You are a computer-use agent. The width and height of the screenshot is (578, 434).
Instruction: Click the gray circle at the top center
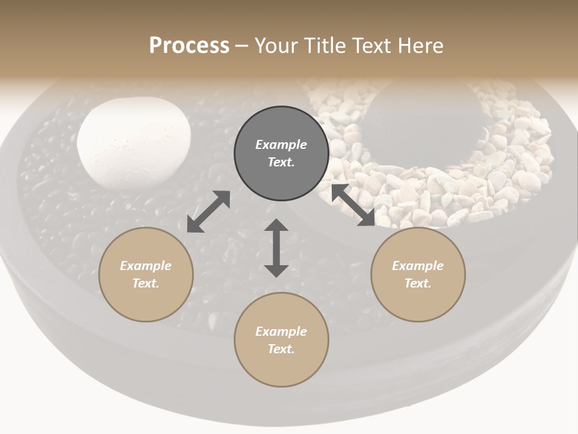click(x=281, y=154)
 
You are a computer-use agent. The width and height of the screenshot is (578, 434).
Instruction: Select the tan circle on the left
click(x=146, y=274)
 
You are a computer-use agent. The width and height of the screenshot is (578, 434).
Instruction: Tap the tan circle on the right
click(x=418, y=274)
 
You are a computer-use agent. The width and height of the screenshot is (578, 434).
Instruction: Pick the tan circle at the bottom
click(x=281, y=339)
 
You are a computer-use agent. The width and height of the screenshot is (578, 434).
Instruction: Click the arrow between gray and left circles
click(x=208, y=212)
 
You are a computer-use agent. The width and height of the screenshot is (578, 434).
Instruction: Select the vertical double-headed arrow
click(x=276, y=248)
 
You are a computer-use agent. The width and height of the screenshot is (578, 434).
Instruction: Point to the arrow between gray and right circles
click(x=353, y=205)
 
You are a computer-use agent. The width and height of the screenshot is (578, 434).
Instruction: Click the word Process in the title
click(x=189, y=45)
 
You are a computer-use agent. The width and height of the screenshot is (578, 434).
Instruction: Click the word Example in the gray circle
click(x=281, y=145)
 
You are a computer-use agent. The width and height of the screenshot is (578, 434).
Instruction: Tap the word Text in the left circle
click(x=146, y=283)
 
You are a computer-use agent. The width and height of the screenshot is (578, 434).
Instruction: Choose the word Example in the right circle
click(x=418, y=266)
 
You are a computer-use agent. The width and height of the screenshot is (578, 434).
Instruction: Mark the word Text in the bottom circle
click(x=281, y=349)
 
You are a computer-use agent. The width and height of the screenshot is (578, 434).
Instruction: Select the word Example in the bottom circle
click(x=281, y=332)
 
